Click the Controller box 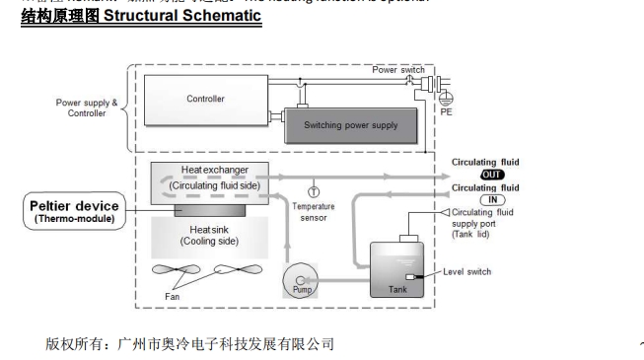(205, 99)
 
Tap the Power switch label (398, 70)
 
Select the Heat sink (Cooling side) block (205, 233)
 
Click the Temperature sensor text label (315, 213)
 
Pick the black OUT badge (491, 175)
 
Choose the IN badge (491, 199)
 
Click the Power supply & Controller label (85, 107)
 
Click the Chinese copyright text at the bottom (189, 344)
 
